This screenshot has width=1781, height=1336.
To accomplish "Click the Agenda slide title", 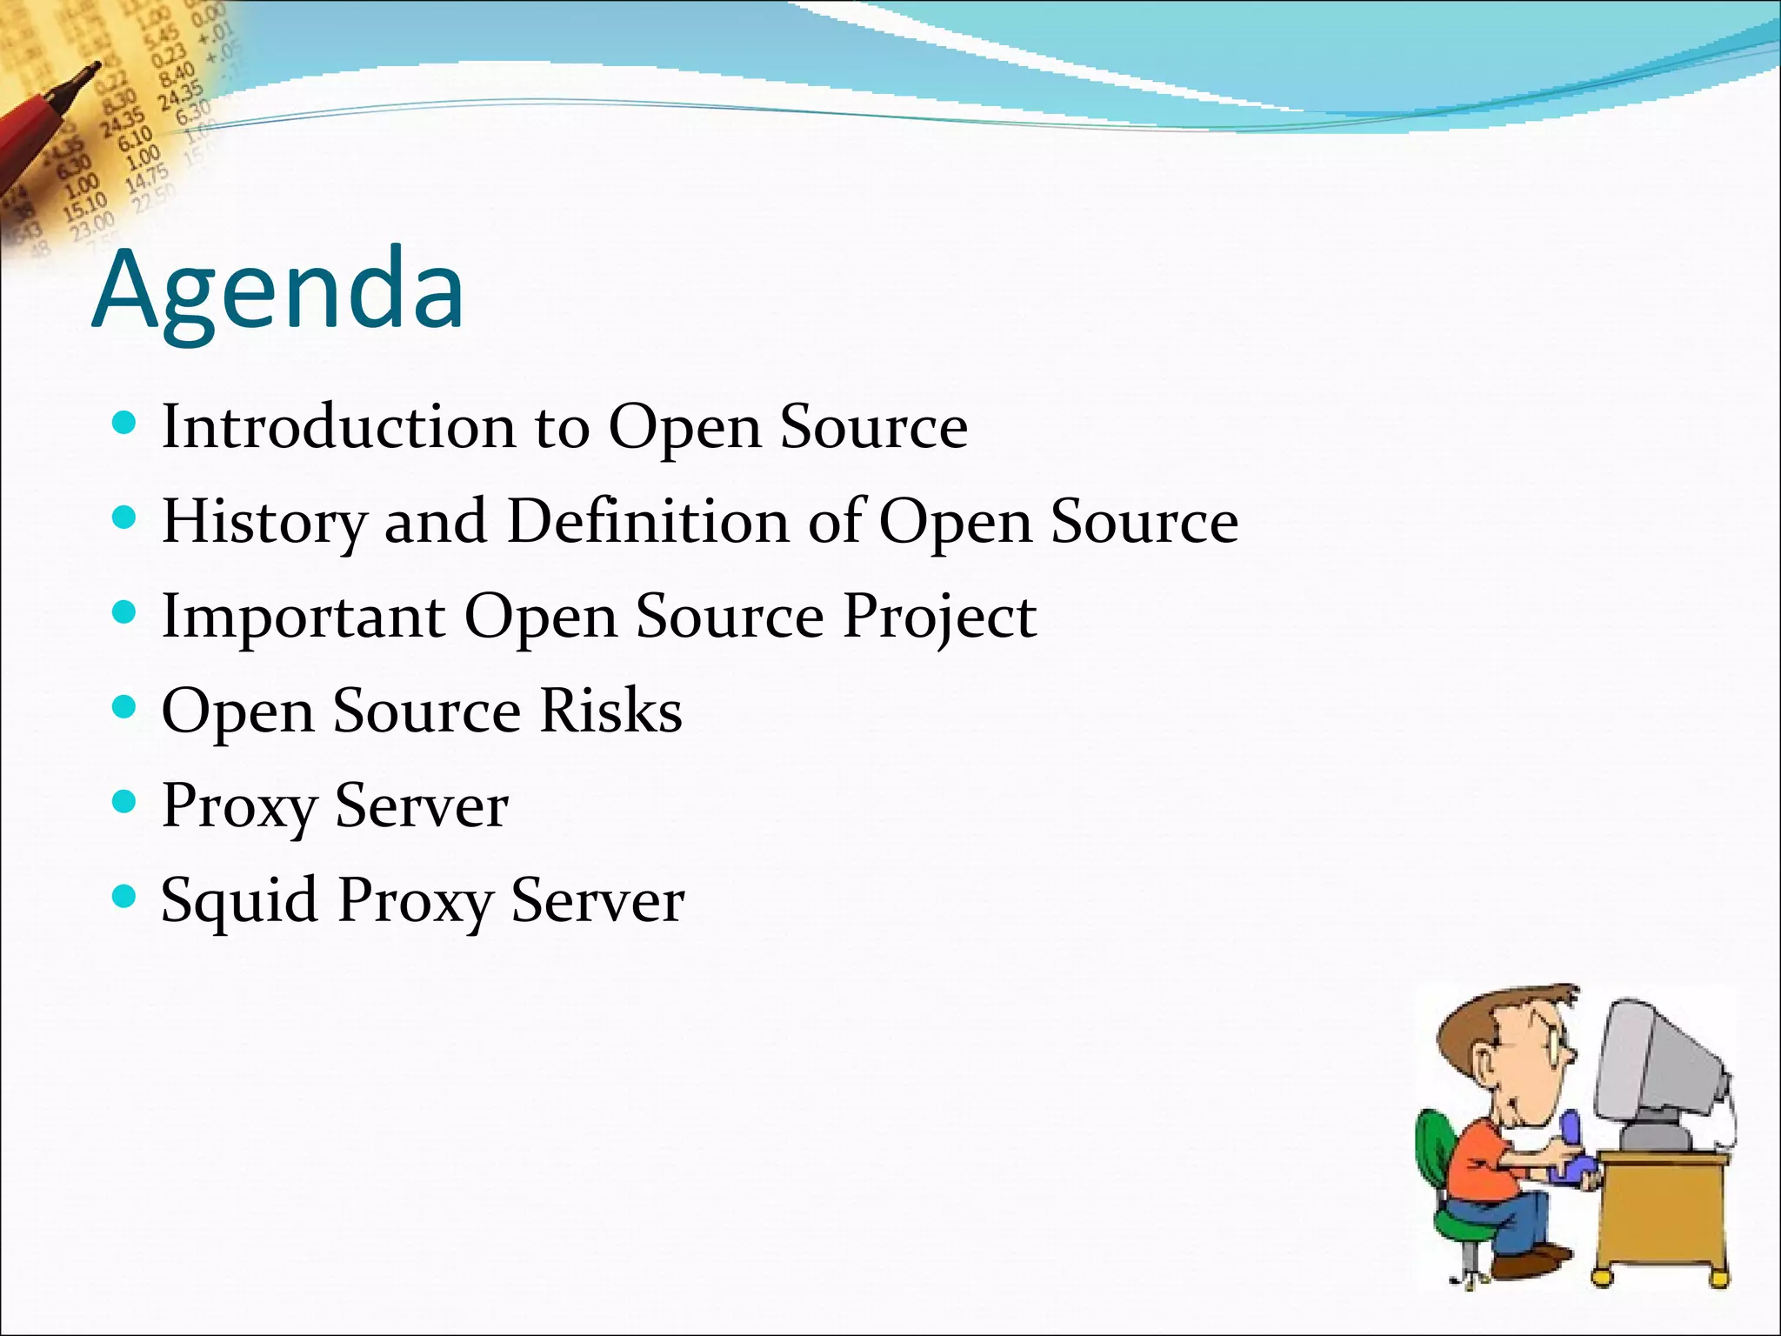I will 278,291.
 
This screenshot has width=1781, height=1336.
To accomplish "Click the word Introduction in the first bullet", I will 339,427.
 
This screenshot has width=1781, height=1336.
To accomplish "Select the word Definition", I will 647,521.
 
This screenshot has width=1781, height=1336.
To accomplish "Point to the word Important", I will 304,616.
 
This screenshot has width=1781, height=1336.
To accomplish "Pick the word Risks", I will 610,711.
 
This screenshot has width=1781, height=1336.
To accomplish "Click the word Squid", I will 239,900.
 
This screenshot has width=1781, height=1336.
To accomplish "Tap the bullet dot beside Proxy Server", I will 125,801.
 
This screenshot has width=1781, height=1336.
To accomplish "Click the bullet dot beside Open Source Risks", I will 125,706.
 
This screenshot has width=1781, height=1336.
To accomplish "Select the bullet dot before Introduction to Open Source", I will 125,424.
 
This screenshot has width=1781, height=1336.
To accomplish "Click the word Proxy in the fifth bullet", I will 238,806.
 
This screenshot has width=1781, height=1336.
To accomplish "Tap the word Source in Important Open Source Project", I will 730,616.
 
